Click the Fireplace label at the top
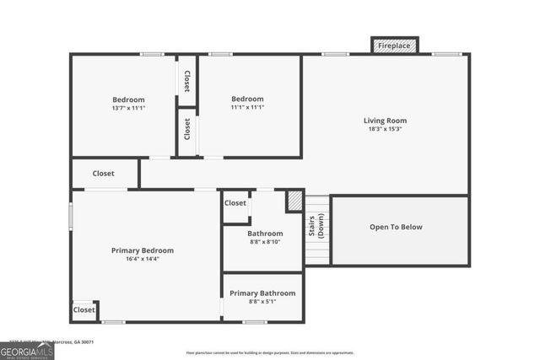click(394, 46)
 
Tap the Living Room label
click(386, 121)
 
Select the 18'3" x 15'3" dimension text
click(386, 130)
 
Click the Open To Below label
click(396, 227)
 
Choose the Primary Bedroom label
click(143, 250)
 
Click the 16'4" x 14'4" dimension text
click(143, 260)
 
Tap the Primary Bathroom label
click(262, 293)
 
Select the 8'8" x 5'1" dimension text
click(262, 303)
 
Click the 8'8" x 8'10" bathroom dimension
click(264, 243)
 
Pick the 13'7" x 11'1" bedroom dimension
click(128, 108)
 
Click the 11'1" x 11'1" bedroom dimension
click(247, 108)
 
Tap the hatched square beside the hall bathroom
click(294, 200)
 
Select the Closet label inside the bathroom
click(235, 203)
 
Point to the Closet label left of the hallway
click(103, 174)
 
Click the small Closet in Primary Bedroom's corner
click(84, 310)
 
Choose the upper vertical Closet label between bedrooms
click(186, 81)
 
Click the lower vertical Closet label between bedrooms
click(186, 128)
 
